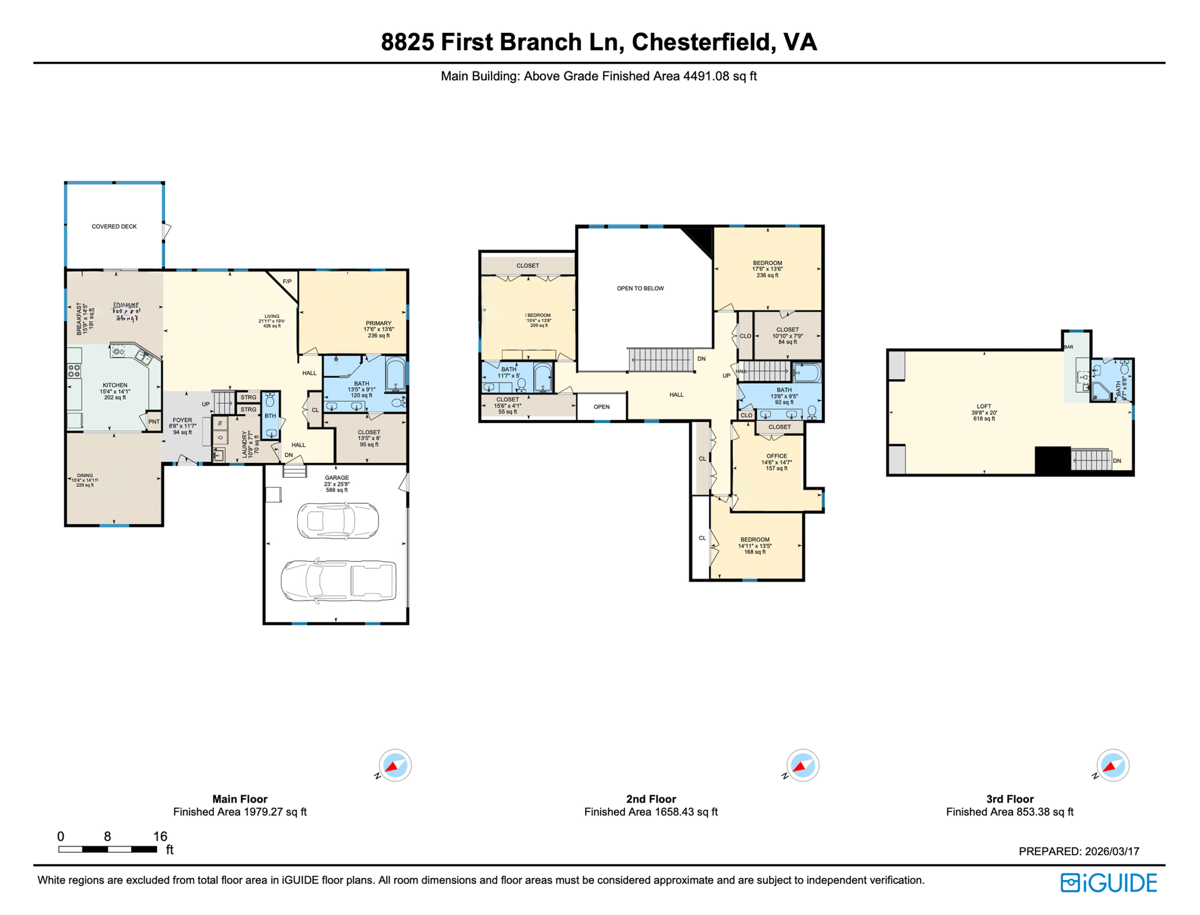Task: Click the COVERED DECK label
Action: [x=114, y=227]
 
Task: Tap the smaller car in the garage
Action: [x=338, y=521]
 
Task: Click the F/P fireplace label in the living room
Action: [x=287, y=282]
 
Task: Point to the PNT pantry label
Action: [x=154, y=422]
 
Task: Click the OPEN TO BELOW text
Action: [x=641, y=288]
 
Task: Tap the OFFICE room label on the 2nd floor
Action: [x=777, y=456]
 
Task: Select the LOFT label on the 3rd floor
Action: [x=984, y=407]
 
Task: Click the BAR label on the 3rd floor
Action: [x=1069, y=347]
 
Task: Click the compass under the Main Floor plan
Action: [x=395, y=765]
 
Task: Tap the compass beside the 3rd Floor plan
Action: [x=1112, y=765]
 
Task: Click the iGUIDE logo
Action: [x=1109, y=883]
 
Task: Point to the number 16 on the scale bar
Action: [x=160, y=836]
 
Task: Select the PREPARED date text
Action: [x=1079, y=852]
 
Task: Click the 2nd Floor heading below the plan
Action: [x=651, y=799]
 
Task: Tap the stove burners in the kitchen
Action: [x=74, y=371]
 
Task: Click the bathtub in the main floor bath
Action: [x=396, y=374]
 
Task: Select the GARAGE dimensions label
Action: [x=337, y=484]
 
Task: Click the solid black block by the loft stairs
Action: [x=1053, y=460]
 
